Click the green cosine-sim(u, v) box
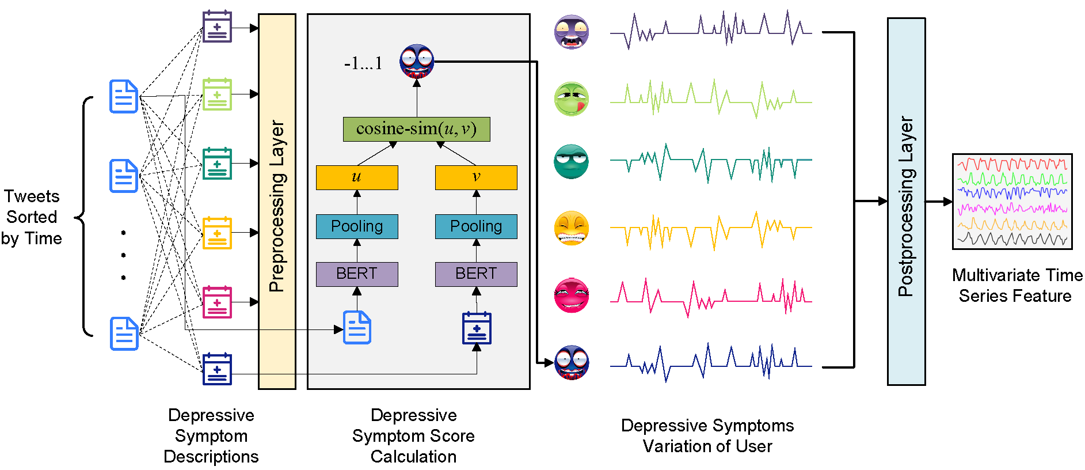tap(416, 129)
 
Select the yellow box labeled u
tap(357, 177)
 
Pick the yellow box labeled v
tap(476, 177)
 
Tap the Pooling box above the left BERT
tap(357, 226)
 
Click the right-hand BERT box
tap(476, 274)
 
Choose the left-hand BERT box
tap(357, 274)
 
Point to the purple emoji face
tap(571, 32)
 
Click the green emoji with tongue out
tap(571, 98)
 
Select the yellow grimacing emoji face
tap(571, 228)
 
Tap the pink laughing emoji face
tap(571, 295)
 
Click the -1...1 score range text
tap(363, 63)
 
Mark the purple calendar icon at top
tap(217, 26)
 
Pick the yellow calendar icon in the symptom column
tap(217, 233)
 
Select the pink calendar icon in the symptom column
tap(217, 302)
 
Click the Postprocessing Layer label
tap(906, 206)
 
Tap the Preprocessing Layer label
tap(277, 206)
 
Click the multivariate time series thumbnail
tap(1012, 201)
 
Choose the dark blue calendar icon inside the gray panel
tap(477, 328)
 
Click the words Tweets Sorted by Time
tap(32, 217)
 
